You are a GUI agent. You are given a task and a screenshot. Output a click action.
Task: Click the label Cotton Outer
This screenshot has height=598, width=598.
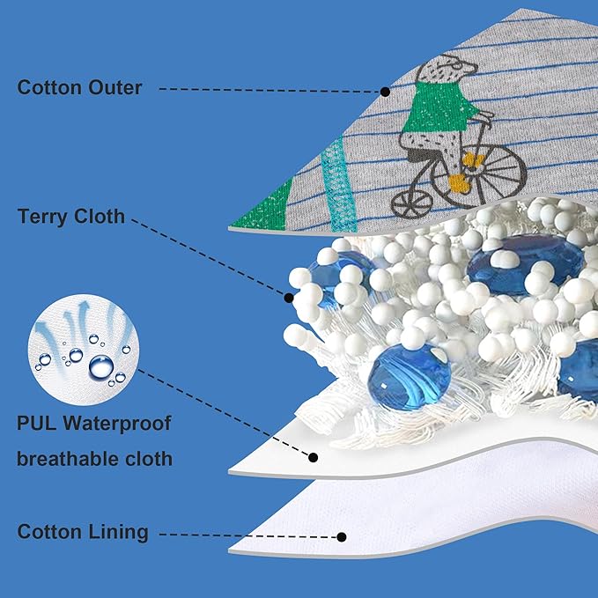click(x=80, y=88)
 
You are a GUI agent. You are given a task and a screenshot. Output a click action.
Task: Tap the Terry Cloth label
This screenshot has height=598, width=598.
click(x=71, y=217)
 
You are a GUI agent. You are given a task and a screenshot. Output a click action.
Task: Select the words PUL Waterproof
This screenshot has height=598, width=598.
click(x=93, y=424)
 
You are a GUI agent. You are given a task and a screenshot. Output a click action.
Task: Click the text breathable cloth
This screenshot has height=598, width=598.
click(x=95, y=459)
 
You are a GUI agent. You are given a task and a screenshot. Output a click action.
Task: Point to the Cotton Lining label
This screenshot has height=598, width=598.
click(x=83, y=532)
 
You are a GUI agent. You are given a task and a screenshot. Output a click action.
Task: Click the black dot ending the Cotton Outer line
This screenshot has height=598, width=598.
click(x=385, y=91)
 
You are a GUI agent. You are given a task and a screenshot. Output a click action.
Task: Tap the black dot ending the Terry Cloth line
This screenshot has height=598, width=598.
click(x=289, y=299)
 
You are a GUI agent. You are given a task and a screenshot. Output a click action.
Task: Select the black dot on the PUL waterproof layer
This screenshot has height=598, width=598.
click(x=314, y=457)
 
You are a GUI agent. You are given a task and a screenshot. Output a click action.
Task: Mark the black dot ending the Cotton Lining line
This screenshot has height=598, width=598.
click(x=343, y=535)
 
